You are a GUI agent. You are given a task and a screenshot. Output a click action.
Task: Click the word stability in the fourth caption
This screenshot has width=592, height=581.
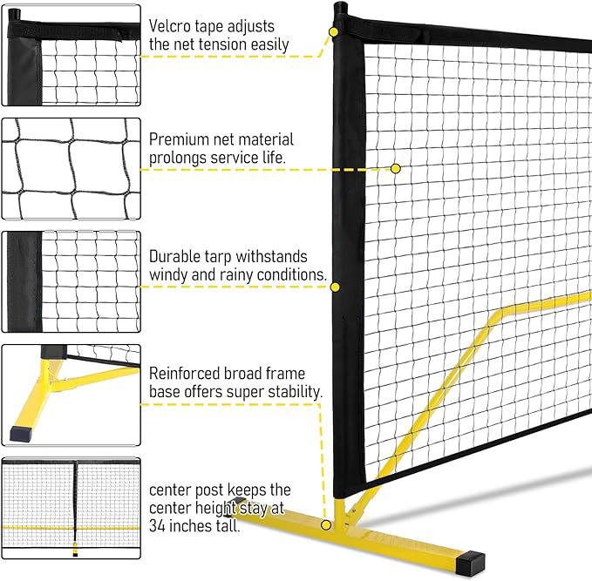click(292, 392)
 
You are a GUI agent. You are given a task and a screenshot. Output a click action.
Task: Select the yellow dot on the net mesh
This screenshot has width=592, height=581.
click(395, 167)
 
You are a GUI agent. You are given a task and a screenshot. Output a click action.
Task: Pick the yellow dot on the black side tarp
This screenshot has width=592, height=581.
click(335, 284)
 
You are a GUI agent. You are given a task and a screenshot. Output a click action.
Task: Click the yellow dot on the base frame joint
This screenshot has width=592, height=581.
click(325, 524)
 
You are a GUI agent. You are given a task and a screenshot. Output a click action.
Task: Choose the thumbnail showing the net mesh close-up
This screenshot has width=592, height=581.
click(71, 168)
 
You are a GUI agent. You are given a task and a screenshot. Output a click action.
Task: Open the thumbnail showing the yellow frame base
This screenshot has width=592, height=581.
click(71, 395)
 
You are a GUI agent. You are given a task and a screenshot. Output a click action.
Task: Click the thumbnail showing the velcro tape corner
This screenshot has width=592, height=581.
click(71, 57)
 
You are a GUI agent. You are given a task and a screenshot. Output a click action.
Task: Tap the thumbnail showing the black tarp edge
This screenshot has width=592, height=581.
click(71, 281)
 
